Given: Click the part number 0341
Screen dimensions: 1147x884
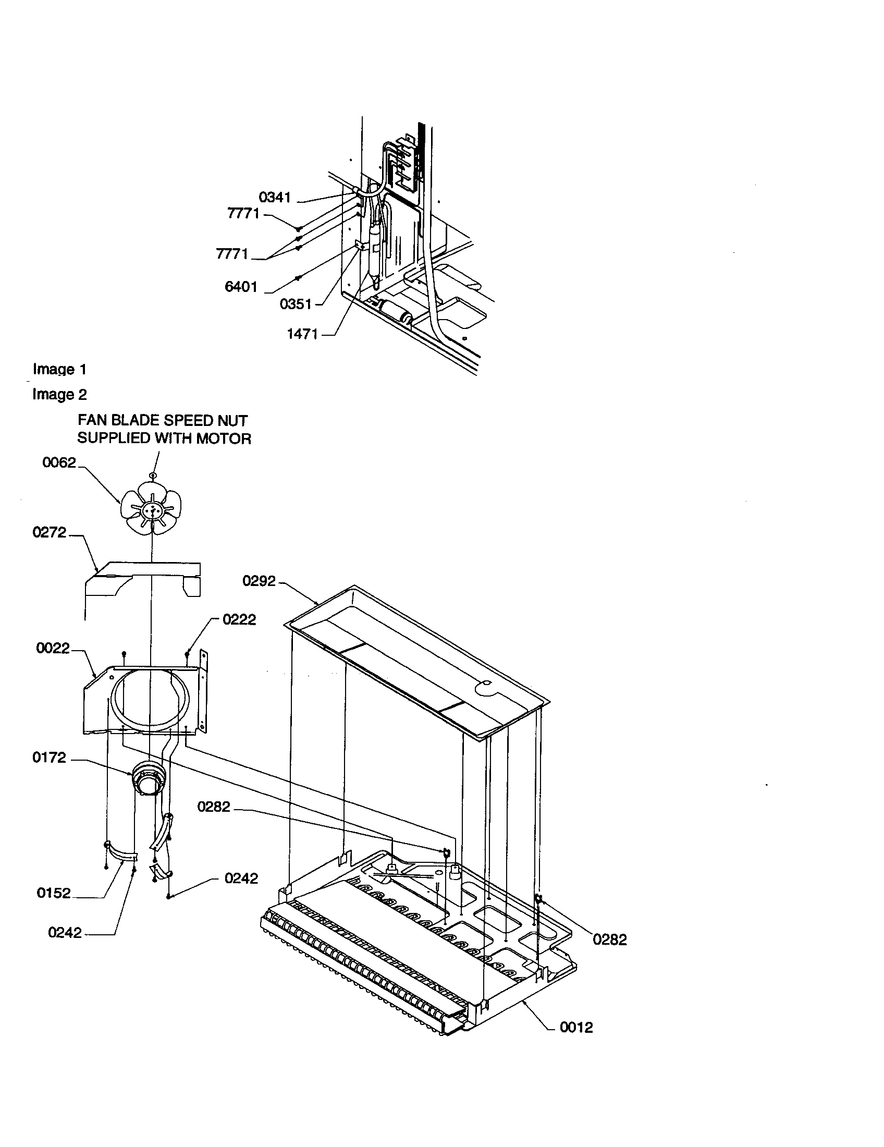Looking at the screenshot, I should tap(275, 198).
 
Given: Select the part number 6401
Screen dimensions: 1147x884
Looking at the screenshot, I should tap(241, 287).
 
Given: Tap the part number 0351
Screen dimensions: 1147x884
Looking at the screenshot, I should tap(296, 304).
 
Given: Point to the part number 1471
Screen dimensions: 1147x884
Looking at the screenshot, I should tap(302, 334).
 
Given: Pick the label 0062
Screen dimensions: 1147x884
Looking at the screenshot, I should tap(59, 462).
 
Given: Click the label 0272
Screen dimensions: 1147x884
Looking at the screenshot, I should tap(50, 532).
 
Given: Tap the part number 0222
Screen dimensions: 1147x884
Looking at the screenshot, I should tap(239, 620).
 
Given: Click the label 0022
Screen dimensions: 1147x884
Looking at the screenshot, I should tap(53, 649).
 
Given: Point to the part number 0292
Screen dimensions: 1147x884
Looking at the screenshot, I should tap(259, 581).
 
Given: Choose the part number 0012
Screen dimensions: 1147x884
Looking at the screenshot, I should tap(576, 1028).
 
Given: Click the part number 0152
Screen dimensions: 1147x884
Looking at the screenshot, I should tap(54, 893).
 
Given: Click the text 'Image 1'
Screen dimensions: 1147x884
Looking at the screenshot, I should tap(59, 369).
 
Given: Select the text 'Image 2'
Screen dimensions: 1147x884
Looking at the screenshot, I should tap(59, 395).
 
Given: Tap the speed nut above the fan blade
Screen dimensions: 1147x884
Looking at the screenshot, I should tap(152, 475).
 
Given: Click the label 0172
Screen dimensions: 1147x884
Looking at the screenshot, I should tap(50, 758).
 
